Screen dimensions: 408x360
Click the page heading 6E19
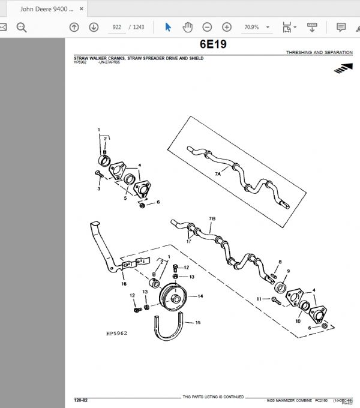tap(213, 45)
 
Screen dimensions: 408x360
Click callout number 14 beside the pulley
tap(200, 296)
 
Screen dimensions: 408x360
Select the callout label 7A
tap(218, 173)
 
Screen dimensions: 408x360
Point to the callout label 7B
tap(211, 219)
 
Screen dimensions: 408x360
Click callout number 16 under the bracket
tap(124, 284)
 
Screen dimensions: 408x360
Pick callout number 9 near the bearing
tap(287, 271)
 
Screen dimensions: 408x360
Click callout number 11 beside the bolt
tap(259, 298)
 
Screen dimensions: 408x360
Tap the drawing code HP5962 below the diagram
tap(117, 333)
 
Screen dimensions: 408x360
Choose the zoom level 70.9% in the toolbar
tap(251, 28)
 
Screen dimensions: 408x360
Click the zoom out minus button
tap(207, 28)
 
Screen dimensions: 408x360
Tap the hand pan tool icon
tap(187, 28)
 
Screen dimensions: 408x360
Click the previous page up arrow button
tap(74, 28)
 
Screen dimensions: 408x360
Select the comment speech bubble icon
tap(341, 28)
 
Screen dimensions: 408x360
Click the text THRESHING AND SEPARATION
tap(319, 53)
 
